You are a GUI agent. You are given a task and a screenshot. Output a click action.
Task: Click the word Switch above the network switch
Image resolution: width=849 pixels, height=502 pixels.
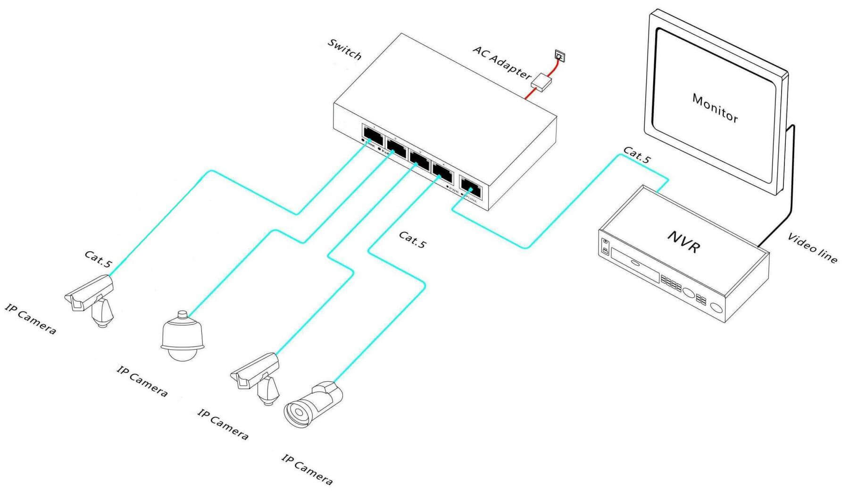click(x=345, y=49)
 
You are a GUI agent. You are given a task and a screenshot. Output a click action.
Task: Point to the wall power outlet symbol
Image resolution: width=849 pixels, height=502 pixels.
click(x=559, y=57)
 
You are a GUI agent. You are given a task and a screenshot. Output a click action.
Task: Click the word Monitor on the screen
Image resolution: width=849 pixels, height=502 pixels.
click(x=715, y=107)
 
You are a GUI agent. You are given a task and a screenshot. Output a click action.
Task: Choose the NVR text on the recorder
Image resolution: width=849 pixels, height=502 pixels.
click(x=683, y=241)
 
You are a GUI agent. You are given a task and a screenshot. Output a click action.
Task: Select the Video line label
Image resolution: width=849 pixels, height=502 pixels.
click(x=812, y=247)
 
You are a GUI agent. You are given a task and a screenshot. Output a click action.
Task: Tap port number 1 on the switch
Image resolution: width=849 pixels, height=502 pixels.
click(x=373, y=134)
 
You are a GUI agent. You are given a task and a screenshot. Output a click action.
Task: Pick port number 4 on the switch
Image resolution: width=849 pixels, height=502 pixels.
click(x=442, y=171)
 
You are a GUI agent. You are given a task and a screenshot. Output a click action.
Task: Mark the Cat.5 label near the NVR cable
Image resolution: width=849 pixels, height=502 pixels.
click(x=636, y=155)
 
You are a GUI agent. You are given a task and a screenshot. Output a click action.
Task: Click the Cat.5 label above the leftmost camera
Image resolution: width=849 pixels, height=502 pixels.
click(x=98, y=259)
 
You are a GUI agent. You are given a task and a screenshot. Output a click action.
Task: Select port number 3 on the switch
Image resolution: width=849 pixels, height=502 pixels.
click(x=419, y=159)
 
